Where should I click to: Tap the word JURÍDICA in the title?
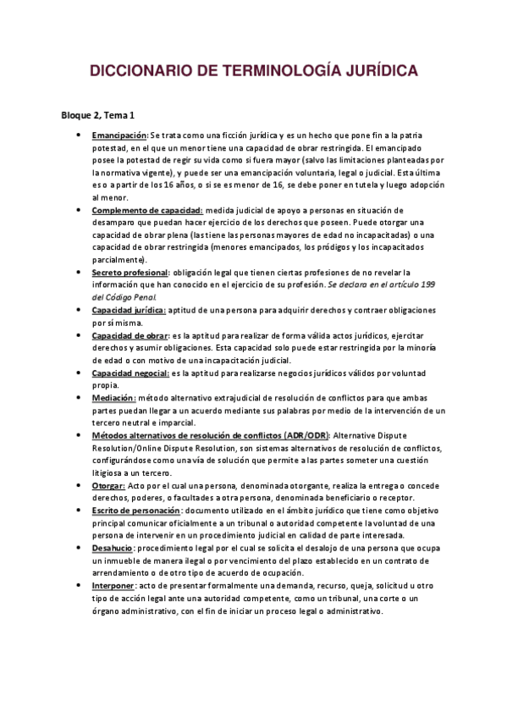pos(377,72)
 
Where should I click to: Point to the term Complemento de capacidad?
pos(146,210)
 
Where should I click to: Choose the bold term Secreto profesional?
pos(130,273)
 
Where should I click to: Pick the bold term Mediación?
pos(113,398)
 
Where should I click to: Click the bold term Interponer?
pos(113,585)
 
